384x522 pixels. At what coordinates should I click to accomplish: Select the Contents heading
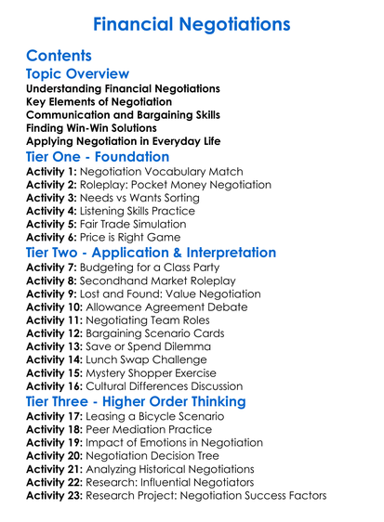click(x=60, y=56)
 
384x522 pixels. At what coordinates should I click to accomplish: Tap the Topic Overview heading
click(x=77, y=73)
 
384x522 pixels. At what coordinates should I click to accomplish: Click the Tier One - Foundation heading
click(x=98, y=157)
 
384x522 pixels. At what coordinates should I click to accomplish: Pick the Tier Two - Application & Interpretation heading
click(x=151, y=253)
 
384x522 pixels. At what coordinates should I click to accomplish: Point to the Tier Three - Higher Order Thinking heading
click(x=136, y=401)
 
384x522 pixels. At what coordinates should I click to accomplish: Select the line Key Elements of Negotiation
click(x=99, y=101)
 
